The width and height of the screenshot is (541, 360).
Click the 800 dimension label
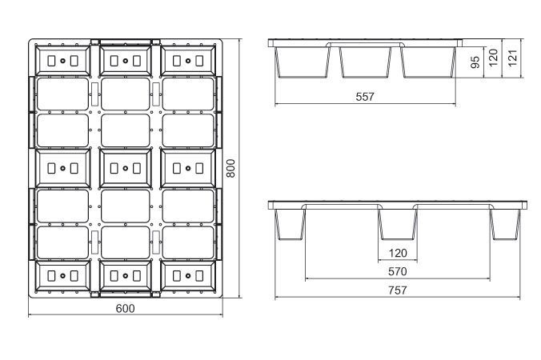pyautogui.click(x=230, y=168)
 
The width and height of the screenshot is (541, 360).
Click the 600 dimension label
pyautogui.click(x=125, y=308)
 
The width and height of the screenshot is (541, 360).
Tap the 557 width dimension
pyautogui.click(x=365, y=97)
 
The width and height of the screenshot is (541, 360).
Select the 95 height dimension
pyautogui.click(x=475, y=62)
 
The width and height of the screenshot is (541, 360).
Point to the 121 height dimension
pyautogui.click(x=513, y=58)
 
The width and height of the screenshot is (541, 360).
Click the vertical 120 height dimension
pyautogui.click(x=494, y=58)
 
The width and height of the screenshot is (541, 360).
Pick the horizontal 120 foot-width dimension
pyautogui.click(x=398, y=253)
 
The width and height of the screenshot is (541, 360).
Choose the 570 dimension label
pyautogui.click(x=398, y=272)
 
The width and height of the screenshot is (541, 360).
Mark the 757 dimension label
pyautogui.click(x=398, y=290)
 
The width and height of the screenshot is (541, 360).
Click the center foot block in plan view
pyautogui.click(x=125, y=168)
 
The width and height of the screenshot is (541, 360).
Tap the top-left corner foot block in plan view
pyautogui.click(x=62, y=61)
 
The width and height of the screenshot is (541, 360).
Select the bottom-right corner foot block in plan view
pyautogui.click(x=188, y=275)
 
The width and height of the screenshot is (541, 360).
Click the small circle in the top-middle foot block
pyautogui.click(x=125, y=61)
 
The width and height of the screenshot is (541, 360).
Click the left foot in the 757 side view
pyautogui.click(x=291, y=224)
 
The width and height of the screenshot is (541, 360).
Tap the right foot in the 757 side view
pyautogui.click(x=505, y=224)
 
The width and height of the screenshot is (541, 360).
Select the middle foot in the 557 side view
pyautogui.click(x=366, y=62)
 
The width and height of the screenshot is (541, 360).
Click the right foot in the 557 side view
pyautogui.click(x=428, y=62)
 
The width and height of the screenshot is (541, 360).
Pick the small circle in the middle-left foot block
pyautogui.click(x=62, y=168)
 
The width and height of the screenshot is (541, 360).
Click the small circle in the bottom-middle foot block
pyautogui.click(x=125, y=276)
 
